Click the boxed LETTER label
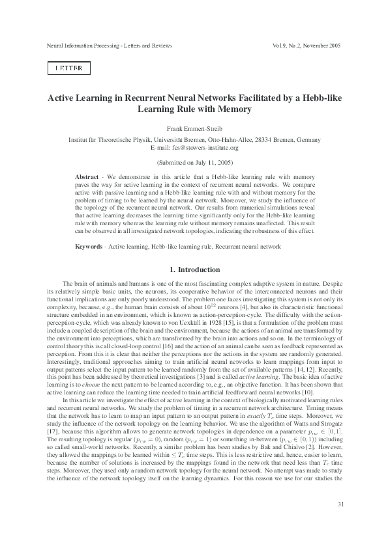tap(68, 68)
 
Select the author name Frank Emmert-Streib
tap(194, 130)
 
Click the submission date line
tap(194, 161)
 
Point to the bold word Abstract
tap(87, 177)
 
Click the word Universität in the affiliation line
tap(149, 140)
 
